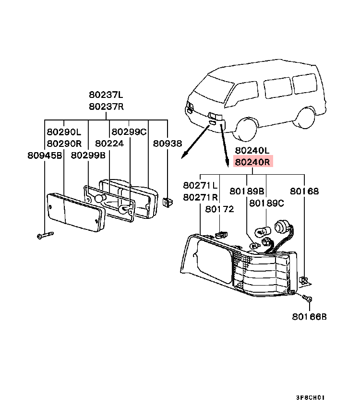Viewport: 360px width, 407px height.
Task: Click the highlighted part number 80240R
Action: pos(252,162)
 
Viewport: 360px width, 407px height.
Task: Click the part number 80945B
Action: pos(45,155)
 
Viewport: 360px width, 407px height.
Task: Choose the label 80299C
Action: pos(129,132)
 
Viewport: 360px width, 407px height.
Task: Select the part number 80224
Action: pos(109,143)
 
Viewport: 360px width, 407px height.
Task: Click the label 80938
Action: pos(168,143)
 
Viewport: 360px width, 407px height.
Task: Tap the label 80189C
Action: pos(266,203)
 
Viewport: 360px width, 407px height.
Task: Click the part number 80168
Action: pos(304,191)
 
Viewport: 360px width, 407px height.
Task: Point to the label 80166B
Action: pos(309,317)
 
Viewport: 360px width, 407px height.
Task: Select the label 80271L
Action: pos(200,185)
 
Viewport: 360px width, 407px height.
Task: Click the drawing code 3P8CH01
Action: pos(311,397)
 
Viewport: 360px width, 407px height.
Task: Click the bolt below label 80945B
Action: pos(45,235)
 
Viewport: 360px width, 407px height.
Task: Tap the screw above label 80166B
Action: pos(308,299)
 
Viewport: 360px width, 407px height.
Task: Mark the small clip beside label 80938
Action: pos(167,203)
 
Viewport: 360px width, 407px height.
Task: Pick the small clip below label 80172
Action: pos(220,235)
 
